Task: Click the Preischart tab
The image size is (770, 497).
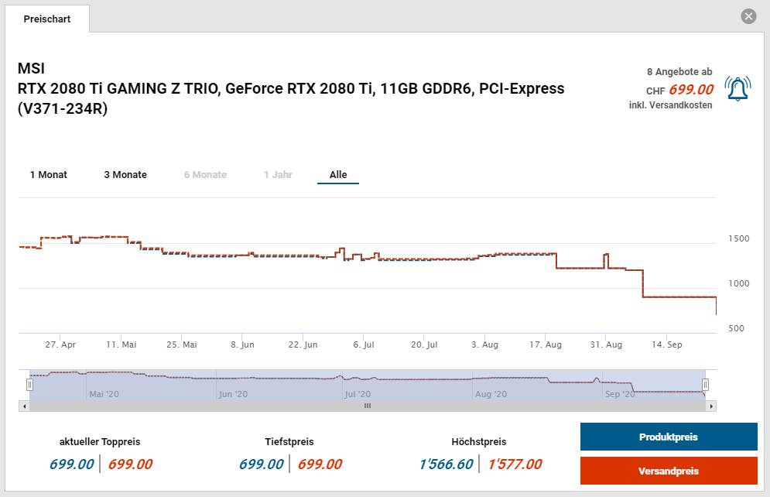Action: [47, 19]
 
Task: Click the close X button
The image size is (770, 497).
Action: [748, 16]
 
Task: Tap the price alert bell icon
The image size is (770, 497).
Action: [737, 89]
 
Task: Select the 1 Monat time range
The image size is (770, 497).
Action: [49, 175]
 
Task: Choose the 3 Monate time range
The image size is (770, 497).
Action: [125, 175]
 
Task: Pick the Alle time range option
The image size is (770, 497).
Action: [338, 175]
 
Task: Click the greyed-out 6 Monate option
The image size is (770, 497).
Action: [205, 175]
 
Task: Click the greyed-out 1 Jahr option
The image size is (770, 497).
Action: [278, 175]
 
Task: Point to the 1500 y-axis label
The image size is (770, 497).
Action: [738, 239]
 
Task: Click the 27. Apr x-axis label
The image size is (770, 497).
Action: [60, 344]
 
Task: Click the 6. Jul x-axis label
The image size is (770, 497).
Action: [364, 344]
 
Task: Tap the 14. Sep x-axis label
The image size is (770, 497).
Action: [666, 344]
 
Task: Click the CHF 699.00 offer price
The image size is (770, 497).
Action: [690, 90]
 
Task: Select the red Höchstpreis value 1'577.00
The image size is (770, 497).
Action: [515, 464]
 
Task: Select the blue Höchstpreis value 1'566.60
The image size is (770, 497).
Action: [446, 464]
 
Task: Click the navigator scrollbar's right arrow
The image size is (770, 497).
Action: [711, 406]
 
